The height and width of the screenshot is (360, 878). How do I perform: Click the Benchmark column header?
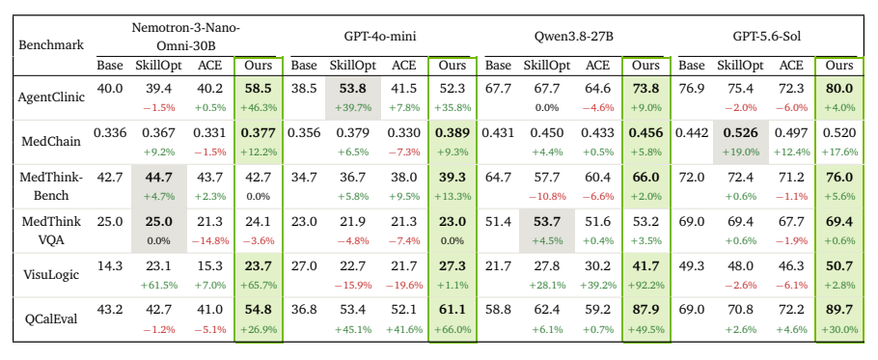[51, 44]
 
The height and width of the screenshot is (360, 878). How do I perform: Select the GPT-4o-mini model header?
[380, 37]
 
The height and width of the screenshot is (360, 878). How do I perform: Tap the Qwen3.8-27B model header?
[574, 37]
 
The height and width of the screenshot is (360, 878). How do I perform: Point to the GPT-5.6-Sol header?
[767, 37]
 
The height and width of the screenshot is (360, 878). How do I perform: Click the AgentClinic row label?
[51, 97]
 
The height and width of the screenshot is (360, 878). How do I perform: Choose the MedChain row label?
[51, 141]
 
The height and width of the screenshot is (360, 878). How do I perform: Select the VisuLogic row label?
[51, 274]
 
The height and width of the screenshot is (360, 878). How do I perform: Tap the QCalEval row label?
[51, 318]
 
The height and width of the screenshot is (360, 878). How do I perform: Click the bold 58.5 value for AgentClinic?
[259, 90]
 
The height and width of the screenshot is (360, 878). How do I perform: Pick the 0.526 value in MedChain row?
[740, 133]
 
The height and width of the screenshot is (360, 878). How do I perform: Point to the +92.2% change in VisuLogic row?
[645, 285]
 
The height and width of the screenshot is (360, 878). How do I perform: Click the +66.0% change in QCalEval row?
[452, 329]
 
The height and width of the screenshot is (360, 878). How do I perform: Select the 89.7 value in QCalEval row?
[839, 311]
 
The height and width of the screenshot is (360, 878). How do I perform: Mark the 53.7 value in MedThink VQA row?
[546, 222]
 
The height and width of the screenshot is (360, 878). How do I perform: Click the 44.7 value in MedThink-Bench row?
[159, 178]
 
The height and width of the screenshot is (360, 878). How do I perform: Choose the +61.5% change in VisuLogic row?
[159, 285]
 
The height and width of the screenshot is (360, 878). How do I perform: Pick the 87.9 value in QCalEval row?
[645, 311]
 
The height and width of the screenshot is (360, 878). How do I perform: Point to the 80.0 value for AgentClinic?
[839, 90]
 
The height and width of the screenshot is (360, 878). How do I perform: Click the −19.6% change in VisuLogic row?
[403, 285]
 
